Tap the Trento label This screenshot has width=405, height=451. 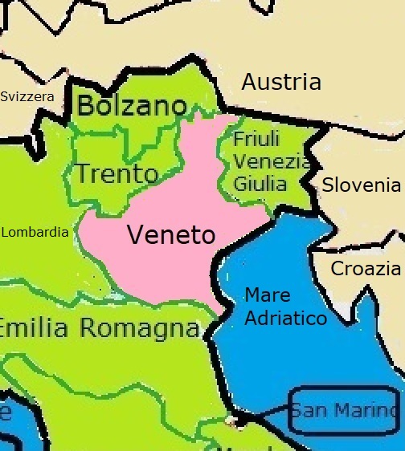(x=116, y=173)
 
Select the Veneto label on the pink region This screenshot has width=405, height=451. (x=171, y=235)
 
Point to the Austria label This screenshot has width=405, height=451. (x=281, y=82)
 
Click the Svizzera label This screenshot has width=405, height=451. (x=27, y=97)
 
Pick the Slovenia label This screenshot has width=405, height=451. (x=361, y=185)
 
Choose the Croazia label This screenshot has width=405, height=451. (x=366, y=269)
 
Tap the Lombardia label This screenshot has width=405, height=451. (x=35, y=233)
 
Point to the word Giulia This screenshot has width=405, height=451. (x=260, y=184)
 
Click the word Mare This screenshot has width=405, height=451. (x=268, y=295)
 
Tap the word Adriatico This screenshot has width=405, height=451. (x=285, y=319)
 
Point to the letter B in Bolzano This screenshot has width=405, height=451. (x=84, y=105)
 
